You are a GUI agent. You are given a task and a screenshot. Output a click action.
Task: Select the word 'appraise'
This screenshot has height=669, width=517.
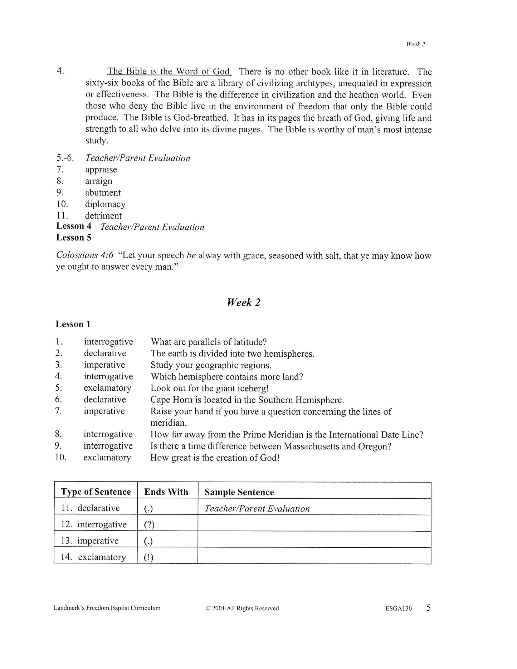click(x=101, y=170)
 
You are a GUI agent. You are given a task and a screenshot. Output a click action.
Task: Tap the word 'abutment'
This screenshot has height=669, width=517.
click(x=103, y=192)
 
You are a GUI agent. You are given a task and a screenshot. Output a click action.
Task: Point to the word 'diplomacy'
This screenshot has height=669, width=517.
click(x=105, y=204)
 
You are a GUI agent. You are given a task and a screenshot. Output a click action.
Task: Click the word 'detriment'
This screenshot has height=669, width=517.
click(x=103, y=216)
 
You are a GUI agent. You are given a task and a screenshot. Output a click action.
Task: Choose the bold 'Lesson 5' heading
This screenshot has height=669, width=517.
click(x=74, y=238)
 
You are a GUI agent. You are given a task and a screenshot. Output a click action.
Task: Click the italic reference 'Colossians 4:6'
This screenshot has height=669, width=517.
click(x=85, y=255)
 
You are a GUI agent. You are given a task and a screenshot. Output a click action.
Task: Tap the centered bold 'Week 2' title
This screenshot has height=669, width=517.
click(x=244, y=302)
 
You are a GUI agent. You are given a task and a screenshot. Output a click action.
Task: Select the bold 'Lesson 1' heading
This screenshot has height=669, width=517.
click(x=73, y=324)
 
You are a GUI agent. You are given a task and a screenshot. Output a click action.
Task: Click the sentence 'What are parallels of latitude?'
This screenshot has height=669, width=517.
click(x=209, y=342)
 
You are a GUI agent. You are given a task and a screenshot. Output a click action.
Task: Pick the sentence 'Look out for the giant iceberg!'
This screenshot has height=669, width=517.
click(x=209, y=388)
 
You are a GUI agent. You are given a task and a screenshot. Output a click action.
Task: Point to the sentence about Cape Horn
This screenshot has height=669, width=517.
click(x=247, y=400)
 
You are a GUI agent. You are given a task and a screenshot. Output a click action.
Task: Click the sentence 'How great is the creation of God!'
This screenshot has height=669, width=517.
click(x=215, y=458)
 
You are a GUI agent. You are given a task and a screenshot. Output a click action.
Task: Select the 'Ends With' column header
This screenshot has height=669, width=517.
click(x=166, y=492)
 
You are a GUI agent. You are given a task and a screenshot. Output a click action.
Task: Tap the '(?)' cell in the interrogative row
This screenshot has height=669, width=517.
click(x=149, y=525)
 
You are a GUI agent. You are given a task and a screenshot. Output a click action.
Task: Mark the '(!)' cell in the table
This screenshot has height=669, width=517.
click(x=148, y=557)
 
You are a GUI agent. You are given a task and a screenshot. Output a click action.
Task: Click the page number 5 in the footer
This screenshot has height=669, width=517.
click(x=428, y=607)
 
